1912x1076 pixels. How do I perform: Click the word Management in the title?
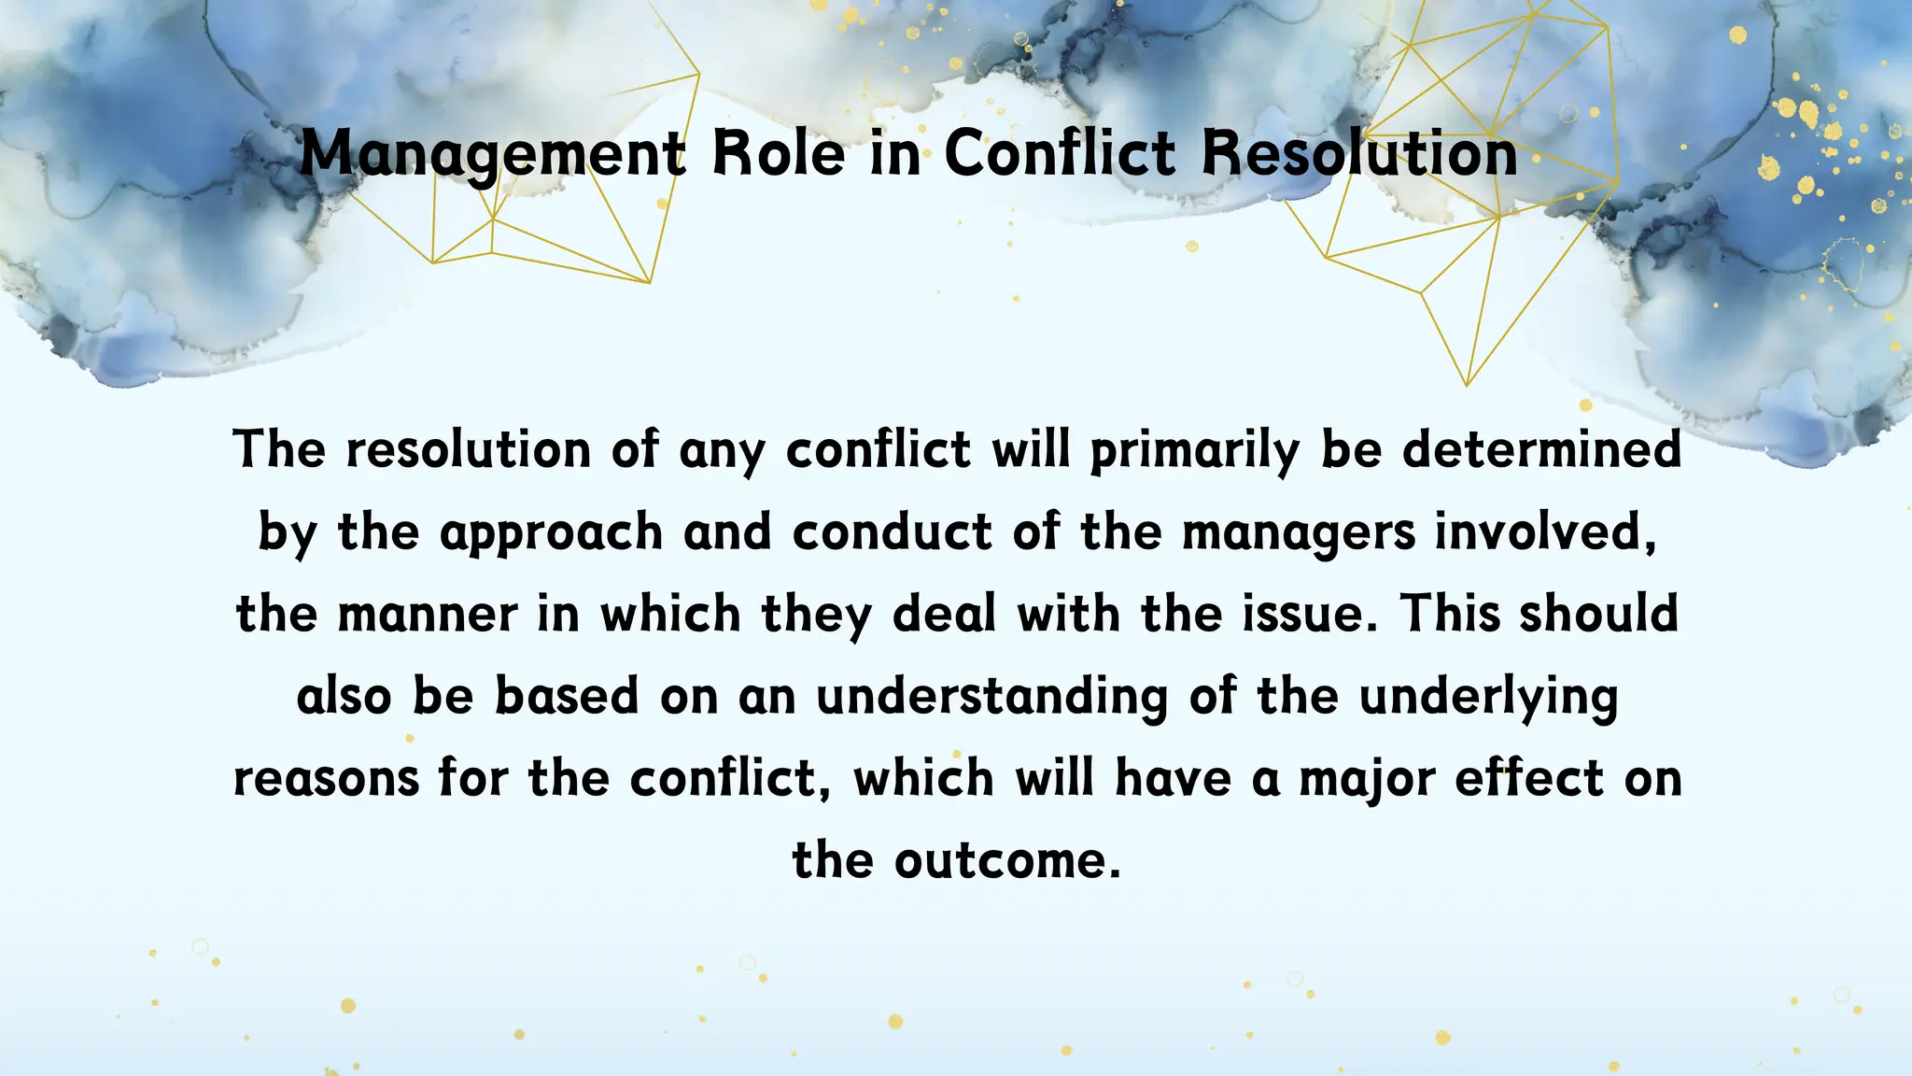[x=493, y=153]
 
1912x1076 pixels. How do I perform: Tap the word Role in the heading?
[x=779, y=153]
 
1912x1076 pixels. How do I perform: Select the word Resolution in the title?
[x=1359, y=153]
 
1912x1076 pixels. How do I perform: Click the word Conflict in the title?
[x=1060, y=153]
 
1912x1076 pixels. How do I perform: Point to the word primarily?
[x=1194, y=450]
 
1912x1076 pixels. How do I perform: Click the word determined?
[x=1541, y=450]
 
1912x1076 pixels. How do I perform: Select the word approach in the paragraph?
[x=551, y=534]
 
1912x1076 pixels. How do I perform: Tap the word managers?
[x=1299, y=534]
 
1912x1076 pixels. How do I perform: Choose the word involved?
[x=1545, y=532]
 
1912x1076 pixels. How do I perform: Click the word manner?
[x=427, y=615]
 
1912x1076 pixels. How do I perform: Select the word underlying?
[x=1488, y=698]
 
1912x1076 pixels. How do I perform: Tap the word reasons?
[x=326, y=779]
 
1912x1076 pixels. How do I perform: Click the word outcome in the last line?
[x=1006, y=861]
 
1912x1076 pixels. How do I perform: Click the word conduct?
[x=892, y=532]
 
